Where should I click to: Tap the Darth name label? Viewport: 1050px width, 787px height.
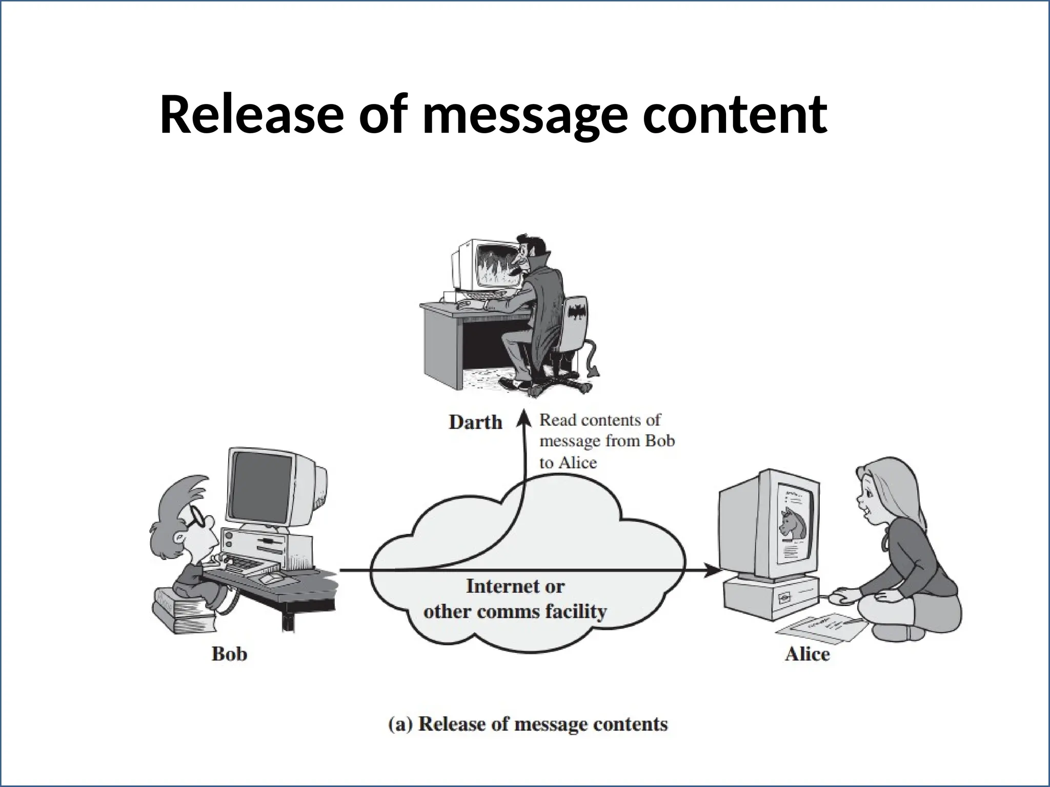coord(475,422)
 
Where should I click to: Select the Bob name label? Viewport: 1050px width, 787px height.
coord(229,654)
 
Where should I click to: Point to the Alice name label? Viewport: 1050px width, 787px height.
coord(807,654)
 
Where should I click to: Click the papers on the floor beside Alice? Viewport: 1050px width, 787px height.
coord(820,628)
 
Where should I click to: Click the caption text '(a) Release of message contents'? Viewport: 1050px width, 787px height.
coord(529,724)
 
